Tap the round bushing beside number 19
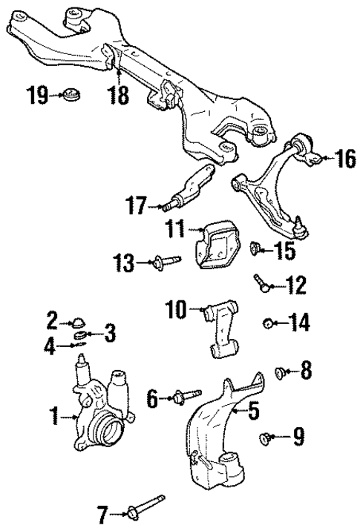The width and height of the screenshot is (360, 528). point(73,95)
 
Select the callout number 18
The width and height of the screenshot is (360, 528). point(118,95)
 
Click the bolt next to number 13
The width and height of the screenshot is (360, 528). point(167,262)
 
